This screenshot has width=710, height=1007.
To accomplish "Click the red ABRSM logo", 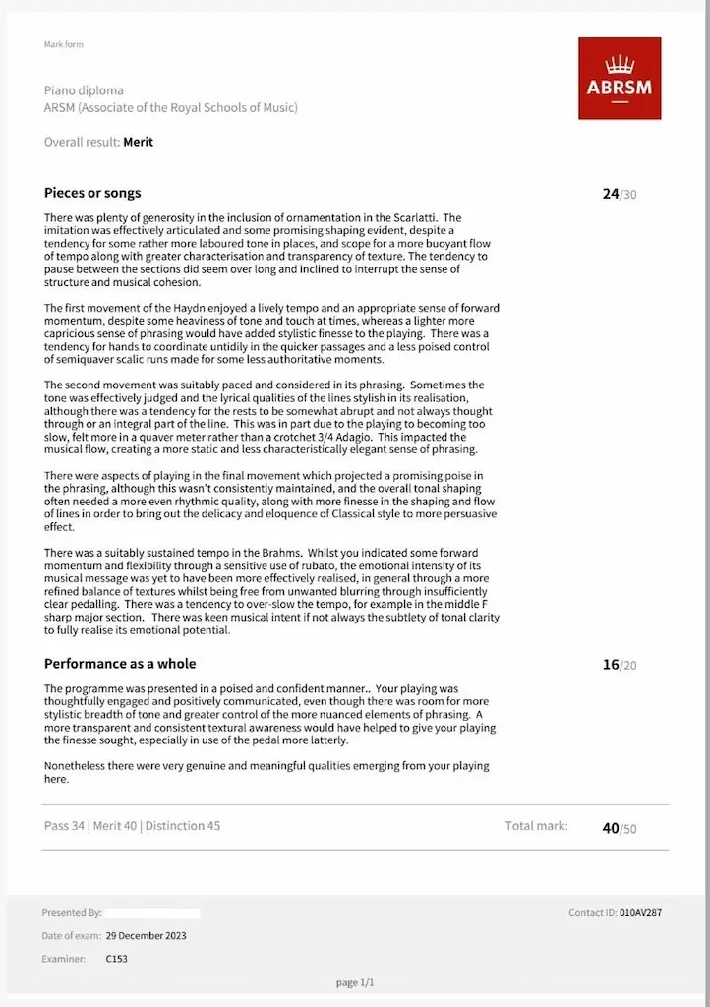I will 619,78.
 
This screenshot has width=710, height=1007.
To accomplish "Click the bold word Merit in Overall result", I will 138,142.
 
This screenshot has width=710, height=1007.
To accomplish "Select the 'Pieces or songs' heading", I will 92,193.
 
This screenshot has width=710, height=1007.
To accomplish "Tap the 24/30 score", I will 619,194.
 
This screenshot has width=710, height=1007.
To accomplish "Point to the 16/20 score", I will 619,665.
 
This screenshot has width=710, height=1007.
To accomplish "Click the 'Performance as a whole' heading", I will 120,664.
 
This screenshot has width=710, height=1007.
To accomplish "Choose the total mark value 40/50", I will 619,828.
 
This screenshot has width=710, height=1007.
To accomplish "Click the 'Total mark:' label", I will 536,826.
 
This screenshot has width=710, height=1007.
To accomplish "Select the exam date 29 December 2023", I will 146,935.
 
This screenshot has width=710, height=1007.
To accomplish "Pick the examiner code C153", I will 116,958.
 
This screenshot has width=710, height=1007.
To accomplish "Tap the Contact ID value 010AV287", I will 640,913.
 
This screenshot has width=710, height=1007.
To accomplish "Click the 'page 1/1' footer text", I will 355,982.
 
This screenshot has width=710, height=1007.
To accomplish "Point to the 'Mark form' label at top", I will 59,44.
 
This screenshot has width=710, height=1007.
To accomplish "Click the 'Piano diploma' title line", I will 84,90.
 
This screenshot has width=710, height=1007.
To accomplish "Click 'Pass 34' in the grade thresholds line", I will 64,826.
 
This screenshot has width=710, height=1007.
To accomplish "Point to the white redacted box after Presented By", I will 152,913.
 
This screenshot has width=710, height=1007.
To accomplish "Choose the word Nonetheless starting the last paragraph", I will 80,765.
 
